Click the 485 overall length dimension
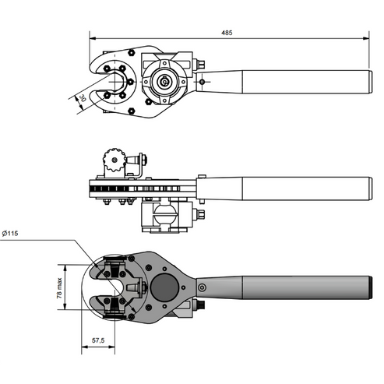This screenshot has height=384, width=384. (x=227, y=33)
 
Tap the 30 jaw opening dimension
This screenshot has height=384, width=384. (x=80, y=98)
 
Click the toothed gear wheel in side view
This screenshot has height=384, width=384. (x=114, y=164)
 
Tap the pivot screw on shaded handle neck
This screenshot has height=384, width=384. (x=204, y=287)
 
